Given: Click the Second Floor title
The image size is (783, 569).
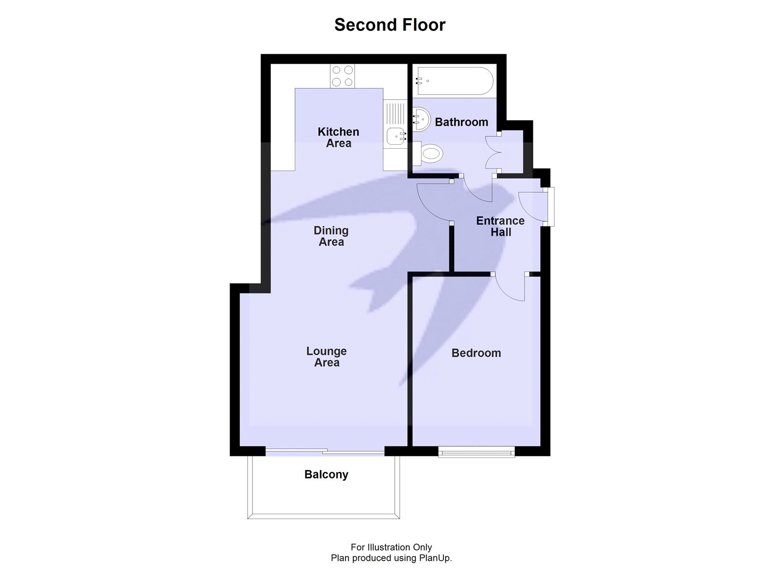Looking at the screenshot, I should [x=390, y=25].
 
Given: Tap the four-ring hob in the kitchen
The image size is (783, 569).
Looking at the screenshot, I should [x=342, y=76].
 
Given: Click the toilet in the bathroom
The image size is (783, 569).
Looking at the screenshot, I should [x=429, y=154].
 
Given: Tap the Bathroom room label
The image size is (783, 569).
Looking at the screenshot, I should [x=461, y=122].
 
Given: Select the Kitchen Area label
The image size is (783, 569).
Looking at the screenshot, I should [x=338, y=137].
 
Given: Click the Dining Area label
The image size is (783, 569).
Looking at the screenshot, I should [x=331, y=236].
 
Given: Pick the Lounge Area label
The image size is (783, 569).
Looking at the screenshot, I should [x=326, y=357].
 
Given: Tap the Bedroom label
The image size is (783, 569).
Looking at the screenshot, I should [x=476, y=353].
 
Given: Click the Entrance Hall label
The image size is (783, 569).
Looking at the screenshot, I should [x=500, y=226].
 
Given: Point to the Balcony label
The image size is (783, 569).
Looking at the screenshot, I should [x=326, y=474].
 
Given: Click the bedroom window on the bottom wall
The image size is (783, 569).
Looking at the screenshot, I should [x=476, y=452].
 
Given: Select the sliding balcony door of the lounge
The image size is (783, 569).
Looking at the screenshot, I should [x=325, y=451].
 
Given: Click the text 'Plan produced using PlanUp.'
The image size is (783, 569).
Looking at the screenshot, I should [x=391, y=558].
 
